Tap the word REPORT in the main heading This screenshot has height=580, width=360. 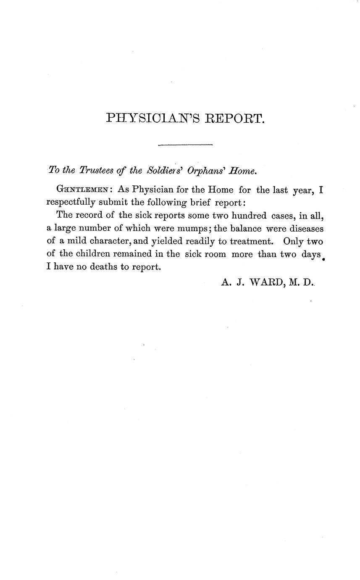(x=235, y=118)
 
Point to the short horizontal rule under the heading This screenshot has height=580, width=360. (x=185, y=145)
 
